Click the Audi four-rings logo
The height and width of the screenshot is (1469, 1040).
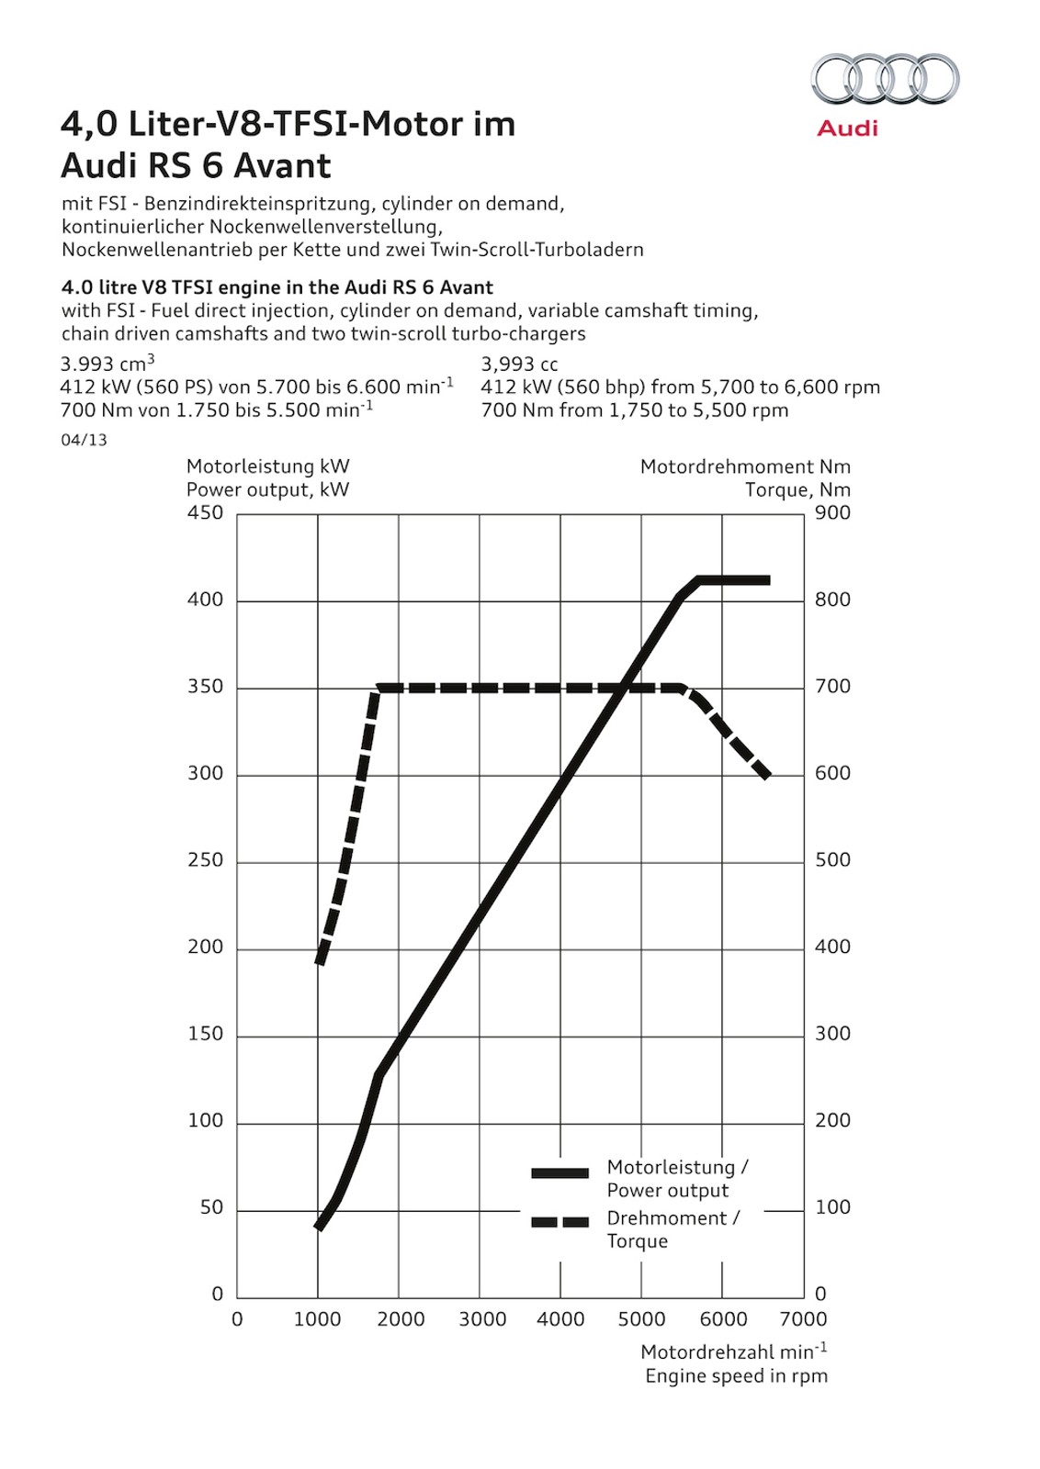point(885,79)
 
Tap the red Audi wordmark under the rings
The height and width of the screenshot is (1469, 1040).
point(847,129)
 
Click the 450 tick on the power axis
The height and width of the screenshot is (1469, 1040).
point(205,512)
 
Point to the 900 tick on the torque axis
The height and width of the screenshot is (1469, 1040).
point(832,512)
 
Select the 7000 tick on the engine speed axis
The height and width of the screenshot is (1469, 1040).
point(804,1319)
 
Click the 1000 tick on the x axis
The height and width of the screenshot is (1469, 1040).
point(317,1319)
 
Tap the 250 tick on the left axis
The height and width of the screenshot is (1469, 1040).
point(205,860)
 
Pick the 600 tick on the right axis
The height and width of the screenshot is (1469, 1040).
point(832,773)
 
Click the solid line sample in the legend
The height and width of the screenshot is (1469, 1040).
point(560,1173)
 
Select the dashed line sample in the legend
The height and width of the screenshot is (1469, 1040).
point(560,1222)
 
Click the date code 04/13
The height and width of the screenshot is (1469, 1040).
point(84,440)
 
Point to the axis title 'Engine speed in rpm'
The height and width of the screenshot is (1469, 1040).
point(736,1375)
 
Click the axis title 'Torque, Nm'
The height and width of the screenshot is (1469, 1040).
point(797,490)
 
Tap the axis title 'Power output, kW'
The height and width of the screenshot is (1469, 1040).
point(267,490)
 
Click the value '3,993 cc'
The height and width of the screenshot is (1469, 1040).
point(519,364)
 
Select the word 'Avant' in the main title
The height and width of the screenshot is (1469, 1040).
point(282,166)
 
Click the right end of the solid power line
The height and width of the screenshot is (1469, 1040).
point(767,580)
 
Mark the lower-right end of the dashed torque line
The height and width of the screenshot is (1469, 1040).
point(766,775)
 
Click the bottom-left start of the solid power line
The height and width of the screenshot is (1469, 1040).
point(318,1227)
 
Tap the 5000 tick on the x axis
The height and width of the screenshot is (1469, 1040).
point(641,1319)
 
